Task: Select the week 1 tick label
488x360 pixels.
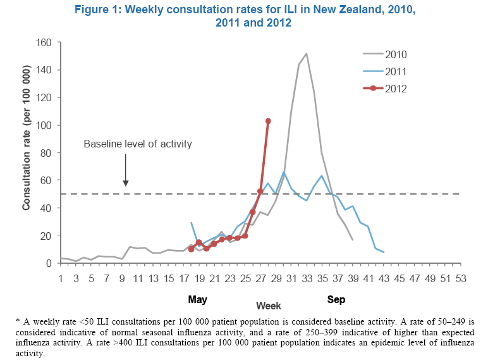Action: (61, 278)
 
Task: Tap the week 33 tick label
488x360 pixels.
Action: (307, 278)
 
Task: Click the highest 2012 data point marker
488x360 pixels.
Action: (268, 121)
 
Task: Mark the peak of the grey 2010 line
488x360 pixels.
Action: (307, 54)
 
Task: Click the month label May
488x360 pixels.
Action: (198, 299)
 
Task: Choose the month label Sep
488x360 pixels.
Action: (337, 299)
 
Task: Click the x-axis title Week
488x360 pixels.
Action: (269, 305)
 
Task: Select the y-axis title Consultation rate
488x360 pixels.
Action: (27, 152)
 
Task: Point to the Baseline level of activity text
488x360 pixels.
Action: (138, 144)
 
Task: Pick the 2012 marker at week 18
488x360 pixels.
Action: (192, 249)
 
